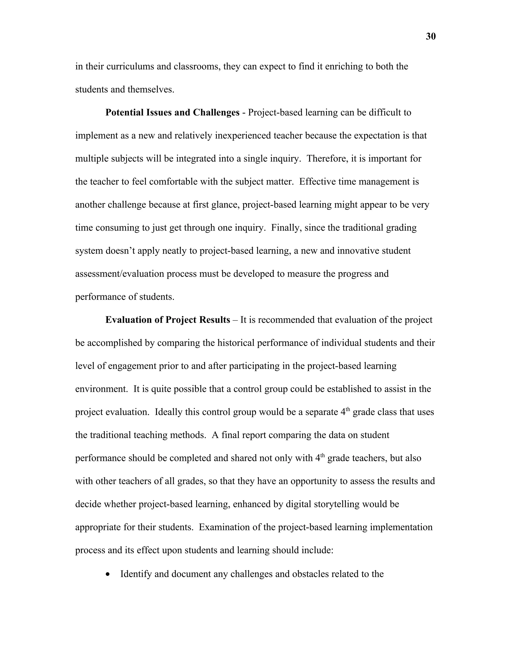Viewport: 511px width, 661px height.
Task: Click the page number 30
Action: click(x=430, y=37)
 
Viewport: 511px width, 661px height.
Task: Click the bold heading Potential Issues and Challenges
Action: click(x=172, y=112)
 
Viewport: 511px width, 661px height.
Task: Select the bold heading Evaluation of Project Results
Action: click(x=167, y=320)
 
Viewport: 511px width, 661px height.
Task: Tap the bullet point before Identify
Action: click(x=108, y=574)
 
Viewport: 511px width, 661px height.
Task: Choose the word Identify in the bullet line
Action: click(x=136, y=574)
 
